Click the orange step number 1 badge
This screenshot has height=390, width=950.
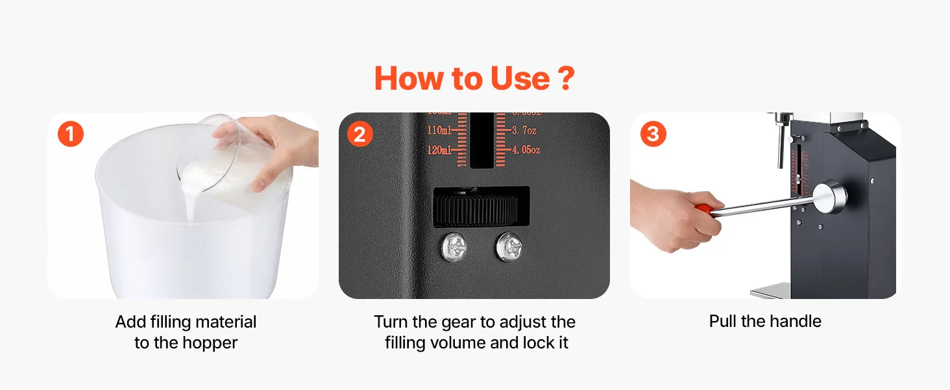70,134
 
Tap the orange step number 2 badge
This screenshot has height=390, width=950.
359,134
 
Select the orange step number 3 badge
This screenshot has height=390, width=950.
653,134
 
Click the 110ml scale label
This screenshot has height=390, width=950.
439,130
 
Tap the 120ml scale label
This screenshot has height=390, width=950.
439,149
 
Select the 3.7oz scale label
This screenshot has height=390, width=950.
524,130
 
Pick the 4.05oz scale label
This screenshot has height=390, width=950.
526,149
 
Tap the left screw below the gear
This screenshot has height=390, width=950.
454,247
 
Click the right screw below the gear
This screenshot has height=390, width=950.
509,246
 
